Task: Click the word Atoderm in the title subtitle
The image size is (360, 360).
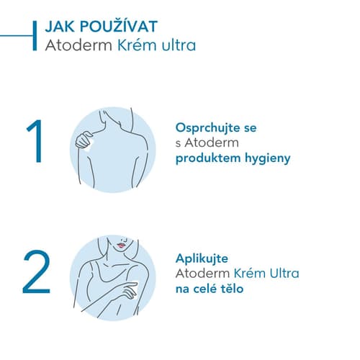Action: click(x=78, y=45)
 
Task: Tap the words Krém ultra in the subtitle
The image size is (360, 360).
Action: click(x=156, y=45)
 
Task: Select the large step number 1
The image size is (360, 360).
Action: click(x=35, y=141)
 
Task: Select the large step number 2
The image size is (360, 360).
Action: click(x=37, y=271)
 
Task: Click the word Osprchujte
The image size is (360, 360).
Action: click(x=207, y=128)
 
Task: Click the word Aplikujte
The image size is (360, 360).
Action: click(x=202, y=259)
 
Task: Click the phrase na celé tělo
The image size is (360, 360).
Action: click(x=210, y=289)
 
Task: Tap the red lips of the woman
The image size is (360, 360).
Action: click(x=121, y=246)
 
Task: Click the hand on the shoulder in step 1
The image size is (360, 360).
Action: click(x=84, y=140)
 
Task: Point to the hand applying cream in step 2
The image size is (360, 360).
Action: click(x=130, y=290)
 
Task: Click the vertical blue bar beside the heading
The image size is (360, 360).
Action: click(x=35, y=36)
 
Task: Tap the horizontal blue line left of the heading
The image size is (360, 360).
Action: click(x=17, y=36)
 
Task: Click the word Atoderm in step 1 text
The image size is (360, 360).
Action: click(x=212, y=143)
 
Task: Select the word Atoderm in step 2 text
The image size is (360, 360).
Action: click(x=202, y=274)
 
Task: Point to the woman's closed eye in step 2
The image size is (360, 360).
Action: click(x=124, y=239)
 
